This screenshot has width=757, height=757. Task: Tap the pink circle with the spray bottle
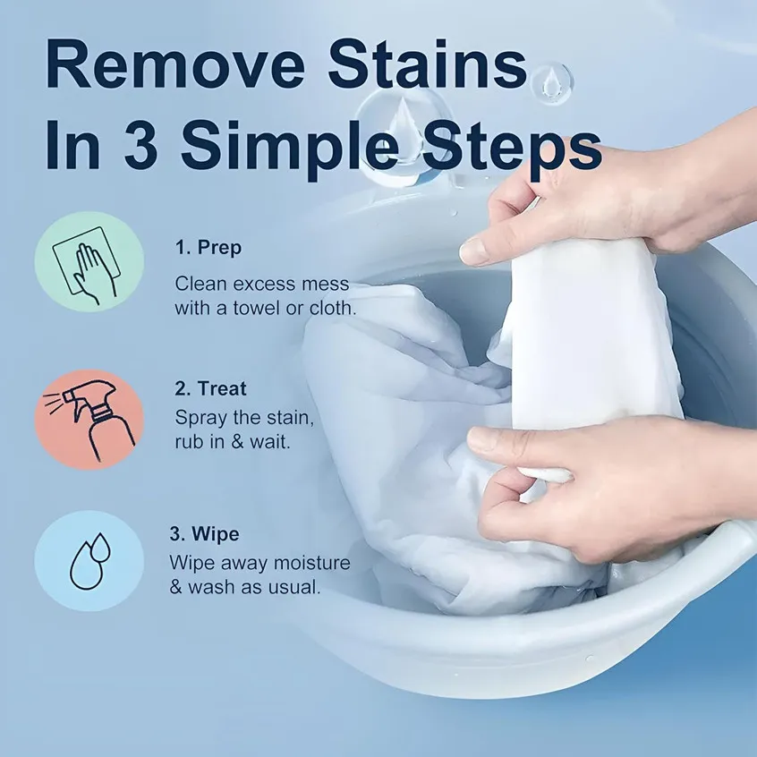click(89, 419)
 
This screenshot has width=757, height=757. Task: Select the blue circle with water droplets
click(89, 561)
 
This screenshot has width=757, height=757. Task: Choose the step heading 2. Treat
click(210, 389)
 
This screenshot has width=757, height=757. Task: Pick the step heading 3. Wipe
click(205, 534)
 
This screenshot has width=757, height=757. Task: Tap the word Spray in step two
click(199, 417)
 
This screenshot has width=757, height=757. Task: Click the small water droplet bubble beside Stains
click(551, 81)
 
